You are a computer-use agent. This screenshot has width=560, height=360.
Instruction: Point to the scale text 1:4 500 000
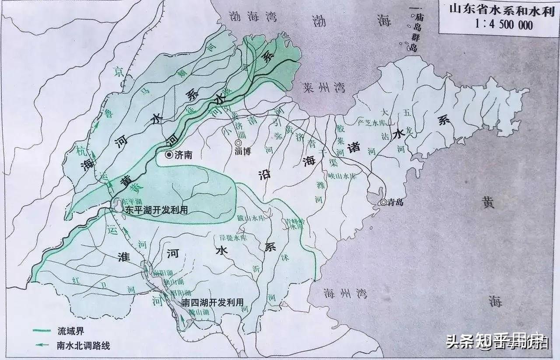[x=497, y=24]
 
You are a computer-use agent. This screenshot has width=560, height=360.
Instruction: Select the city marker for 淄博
[x=238, y=143]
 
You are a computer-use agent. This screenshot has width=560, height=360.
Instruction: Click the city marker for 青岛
[x=383, y=202]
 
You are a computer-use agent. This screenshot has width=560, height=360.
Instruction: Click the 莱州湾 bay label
[x=324, y=88]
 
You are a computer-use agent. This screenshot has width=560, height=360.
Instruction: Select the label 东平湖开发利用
[x=157, y=210]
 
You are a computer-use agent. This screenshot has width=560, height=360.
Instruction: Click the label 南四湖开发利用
[x=212, y=302]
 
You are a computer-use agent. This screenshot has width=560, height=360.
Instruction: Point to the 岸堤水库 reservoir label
[x=233, y=238]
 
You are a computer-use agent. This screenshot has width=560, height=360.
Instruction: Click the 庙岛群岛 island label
[x=413, y=31]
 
